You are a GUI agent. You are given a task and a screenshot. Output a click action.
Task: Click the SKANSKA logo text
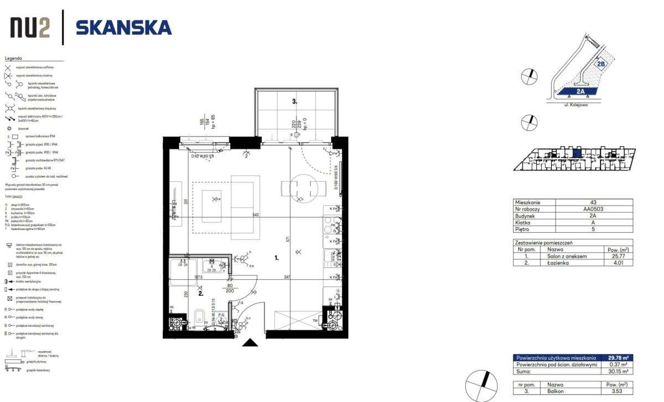click(123, 27)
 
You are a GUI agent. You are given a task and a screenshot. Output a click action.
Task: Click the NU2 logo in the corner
click(31, 27)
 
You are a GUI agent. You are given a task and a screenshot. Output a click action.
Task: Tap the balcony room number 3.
click(295, 101)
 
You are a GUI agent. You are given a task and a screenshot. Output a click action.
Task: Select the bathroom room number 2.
click(201, 294)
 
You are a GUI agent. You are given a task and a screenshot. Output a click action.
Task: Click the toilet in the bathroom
click(199, 317)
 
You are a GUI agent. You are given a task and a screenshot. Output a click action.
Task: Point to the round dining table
click(303, 188)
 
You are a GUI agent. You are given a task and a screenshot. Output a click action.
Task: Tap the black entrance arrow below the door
click(250, 343)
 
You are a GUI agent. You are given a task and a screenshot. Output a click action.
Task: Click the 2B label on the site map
click(603, 64)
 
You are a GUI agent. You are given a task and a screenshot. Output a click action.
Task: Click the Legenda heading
click(13, 58)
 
